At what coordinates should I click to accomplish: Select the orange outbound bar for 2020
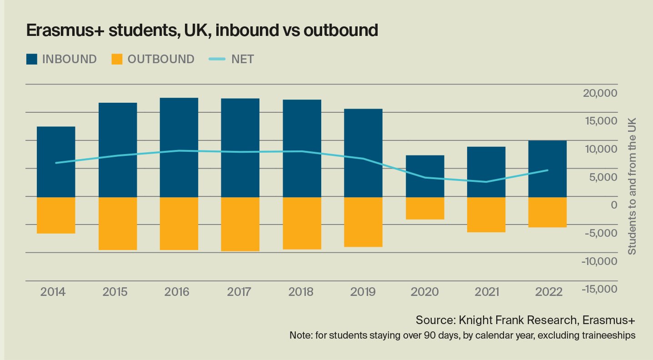pyautogui.click(x=424, y=208)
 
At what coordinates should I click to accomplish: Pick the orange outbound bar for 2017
pyautogui.click(x=240, y=224)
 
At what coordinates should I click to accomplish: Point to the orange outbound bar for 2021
pyautogui.click(x=486, y=215)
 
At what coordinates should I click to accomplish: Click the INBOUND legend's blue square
pyautogui.click(x=32, y=59)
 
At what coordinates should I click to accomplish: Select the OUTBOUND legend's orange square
pyautogui.click(x=117, y=59)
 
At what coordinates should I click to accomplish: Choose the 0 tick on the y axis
pyautogui.click(x=613, y=205)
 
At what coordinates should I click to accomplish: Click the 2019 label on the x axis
pyautogui.click(x=363, y=292)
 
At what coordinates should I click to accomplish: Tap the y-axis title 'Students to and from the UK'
pyautogui.click(x=632, y=186)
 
